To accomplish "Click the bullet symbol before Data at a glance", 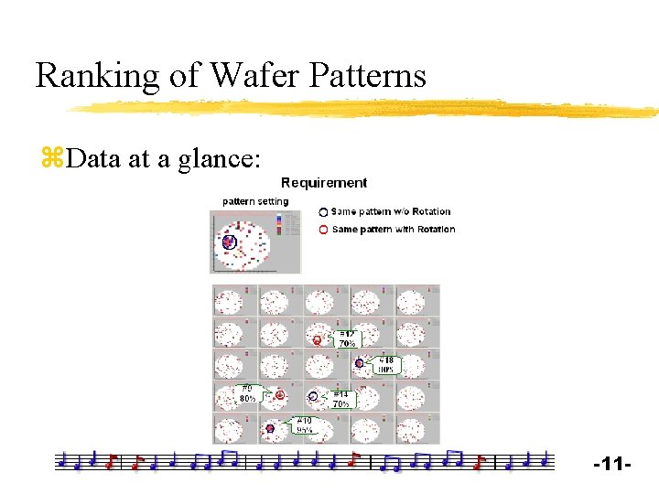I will click(x=50, y=159).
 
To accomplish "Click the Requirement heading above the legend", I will click(x=324, y=183).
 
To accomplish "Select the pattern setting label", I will click(x=255, y=201).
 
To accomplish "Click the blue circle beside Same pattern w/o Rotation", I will click(x=323, y=212).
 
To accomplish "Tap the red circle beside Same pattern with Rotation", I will click(x=323, y=230).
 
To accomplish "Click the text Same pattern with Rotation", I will click(x=394, y=230).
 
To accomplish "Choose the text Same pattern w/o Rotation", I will click(x=391, y=212).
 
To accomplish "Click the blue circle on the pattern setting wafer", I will click(x=229, y=242).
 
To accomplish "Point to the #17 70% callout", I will click(x=347, y=338).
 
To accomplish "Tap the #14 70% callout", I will click(x=340, y=398).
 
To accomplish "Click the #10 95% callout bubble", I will click(x=305, y=424).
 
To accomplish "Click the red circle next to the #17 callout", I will click(x=317, y=340).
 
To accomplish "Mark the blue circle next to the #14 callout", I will click(x=313, y=396).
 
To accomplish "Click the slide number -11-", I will click(x=612, y=466).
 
